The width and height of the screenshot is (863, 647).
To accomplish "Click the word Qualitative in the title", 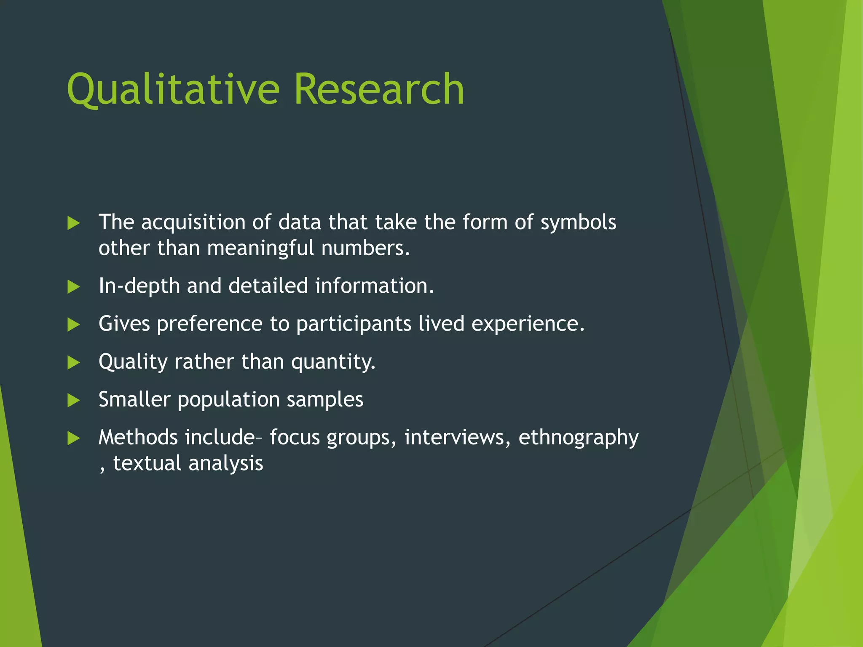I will coord(173,89).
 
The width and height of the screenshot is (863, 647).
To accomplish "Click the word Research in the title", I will coord(379,89).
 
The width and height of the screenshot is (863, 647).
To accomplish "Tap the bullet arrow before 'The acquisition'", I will coord(73,223).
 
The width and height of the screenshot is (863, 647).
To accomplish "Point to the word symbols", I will coord(578,222).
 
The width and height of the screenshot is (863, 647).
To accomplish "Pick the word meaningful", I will coord(260,248).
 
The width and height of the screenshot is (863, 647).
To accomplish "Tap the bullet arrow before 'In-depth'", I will coord(73,287).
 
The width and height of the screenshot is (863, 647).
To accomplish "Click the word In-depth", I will coord(139,286).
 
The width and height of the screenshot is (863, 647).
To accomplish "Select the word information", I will coord(374,286).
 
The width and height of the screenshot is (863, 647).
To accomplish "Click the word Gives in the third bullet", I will coord(124,324).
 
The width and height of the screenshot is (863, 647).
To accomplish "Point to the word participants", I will coord(354,324).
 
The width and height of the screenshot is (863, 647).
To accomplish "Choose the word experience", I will coord(528,324).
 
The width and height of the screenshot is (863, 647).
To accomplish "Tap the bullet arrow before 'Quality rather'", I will coord(73,363).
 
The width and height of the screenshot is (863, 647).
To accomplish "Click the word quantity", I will coord(333,362).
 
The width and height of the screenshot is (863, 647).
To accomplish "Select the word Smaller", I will coord(134,399).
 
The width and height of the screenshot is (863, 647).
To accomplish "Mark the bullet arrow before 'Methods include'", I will coord(73,438).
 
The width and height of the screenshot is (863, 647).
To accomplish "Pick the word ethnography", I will coord(578,438).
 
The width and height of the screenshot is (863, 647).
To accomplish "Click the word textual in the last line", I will coord(147,463).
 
